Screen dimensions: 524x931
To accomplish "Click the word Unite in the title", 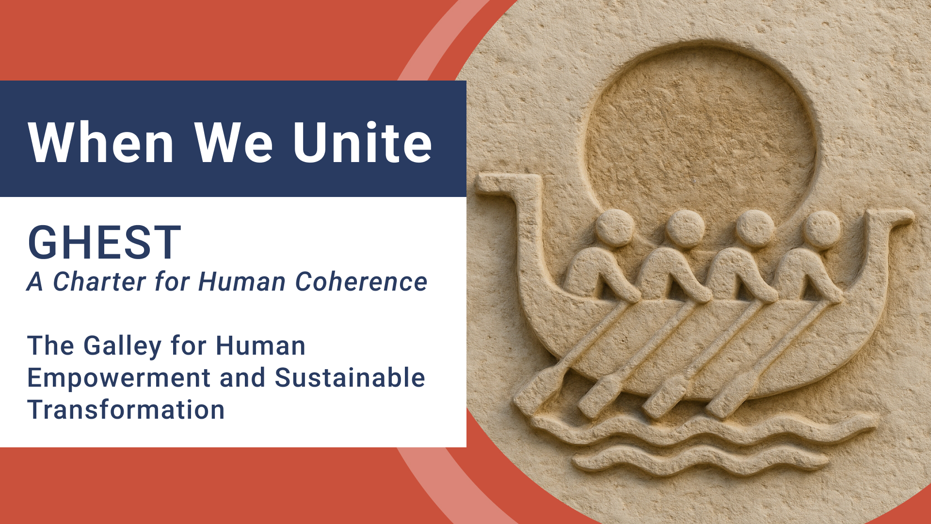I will (362, 143).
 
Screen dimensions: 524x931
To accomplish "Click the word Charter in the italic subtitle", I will (99, 282).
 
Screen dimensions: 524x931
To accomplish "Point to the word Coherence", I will (361, 282).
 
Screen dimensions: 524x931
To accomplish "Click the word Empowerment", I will (119, 378).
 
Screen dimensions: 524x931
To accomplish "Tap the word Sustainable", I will (350, 378).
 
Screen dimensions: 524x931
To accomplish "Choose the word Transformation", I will (126, 410).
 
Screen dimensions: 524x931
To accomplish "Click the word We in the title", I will (234, 143).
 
